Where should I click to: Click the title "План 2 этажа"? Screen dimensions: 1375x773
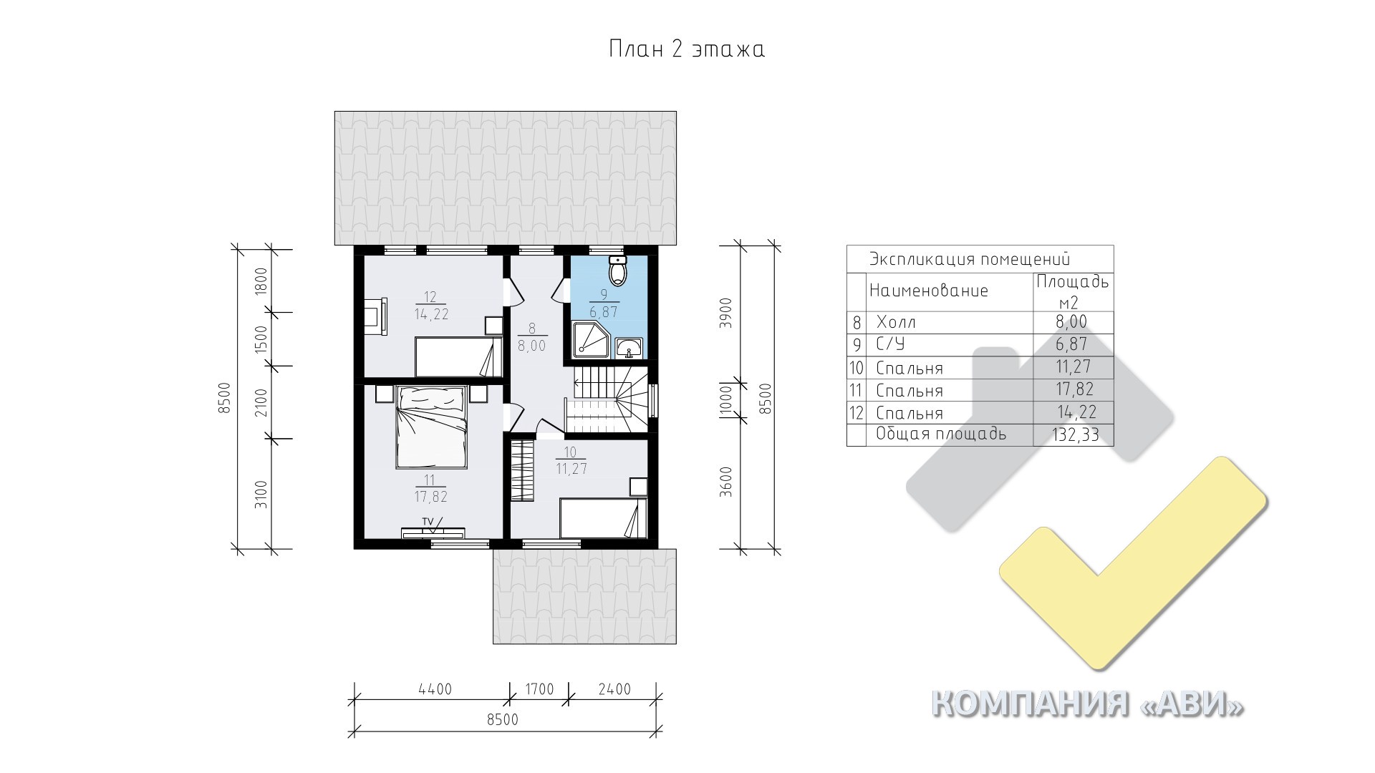pyautogui.click(x=687, y=49)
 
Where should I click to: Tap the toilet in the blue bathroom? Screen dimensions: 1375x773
pyautogui.click(x=618, y=269)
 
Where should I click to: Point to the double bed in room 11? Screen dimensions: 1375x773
pyautogui.click(x=431, y=427)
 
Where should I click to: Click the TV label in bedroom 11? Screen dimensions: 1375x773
pyautogui.click(x=428, y=521)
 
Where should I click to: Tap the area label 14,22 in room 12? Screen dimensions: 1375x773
pyautogui.click(x=431, y=313)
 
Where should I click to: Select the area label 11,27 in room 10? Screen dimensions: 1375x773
pyautogui.click(x=571, y=470)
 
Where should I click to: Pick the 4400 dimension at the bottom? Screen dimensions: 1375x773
pyautogui.click(x=435, y=689)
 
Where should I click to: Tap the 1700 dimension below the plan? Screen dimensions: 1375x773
pyautogui.click(x=539, y=689)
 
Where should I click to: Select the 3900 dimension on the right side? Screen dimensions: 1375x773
pyautogui.click(x=725, y=312)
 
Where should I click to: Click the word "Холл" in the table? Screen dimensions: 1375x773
pyautogui.click(x=896, y=322)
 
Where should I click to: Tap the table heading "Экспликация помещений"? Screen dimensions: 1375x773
pyautogui.click(x=970, y=259)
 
